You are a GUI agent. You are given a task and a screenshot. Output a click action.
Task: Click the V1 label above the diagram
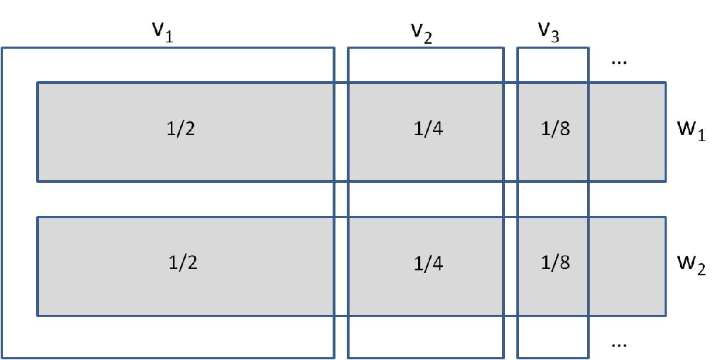coord(162,32)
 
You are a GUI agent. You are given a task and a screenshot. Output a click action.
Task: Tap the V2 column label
coord(422,33)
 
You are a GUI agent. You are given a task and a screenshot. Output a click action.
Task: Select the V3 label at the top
coord(548,32)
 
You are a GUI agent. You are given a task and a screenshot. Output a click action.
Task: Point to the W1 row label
coord(691,131)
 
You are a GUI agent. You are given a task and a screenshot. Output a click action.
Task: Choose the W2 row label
coord(691,265)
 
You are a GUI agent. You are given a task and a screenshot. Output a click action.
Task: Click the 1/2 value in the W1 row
coord(181,128)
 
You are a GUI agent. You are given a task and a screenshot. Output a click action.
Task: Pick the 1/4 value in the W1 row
coord(428,128)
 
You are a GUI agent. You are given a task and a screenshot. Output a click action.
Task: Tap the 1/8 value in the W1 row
coord(556,128)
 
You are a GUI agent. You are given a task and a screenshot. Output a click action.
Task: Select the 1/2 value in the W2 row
coord(183,263)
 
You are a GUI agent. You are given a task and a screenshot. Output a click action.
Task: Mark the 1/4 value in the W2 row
coord(428,263)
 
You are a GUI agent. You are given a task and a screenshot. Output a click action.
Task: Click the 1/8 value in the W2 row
coord(556,263)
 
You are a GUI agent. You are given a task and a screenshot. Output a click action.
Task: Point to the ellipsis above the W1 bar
coord(619,63)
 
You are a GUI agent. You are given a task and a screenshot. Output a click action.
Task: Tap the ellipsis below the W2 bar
coord(619,345)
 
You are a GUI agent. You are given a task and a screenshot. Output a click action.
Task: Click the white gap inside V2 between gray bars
coord(425,199)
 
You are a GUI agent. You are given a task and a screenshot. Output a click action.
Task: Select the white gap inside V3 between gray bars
coord(553,199)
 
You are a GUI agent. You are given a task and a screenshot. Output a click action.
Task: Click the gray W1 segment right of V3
coord(627,132)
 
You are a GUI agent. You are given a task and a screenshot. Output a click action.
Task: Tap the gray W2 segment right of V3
coord(627,266)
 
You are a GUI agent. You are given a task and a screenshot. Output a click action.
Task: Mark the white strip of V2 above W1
coord(425,65)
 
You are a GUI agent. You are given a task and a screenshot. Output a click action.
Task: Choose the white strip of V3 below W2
coord(553,337)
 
